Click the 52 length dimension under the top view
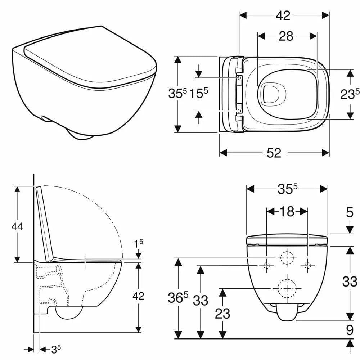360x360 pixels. pos(274,153)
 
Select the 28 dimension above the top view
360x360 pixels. pos(286,36)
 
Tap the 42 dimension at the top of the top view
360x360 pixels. pos(283,15)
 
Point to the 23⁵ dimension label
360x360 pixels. pos(350,94)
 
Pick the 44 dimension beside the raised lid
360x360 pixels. pos(17,226)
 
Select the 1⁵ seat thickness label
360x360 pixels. pos(139,244)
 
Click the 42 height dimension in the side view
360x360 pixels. pos(138,296)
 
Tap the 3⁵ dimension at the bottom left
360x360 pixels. pos(56,349)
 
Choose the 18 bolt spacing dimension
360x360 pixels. pos(287,211)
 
